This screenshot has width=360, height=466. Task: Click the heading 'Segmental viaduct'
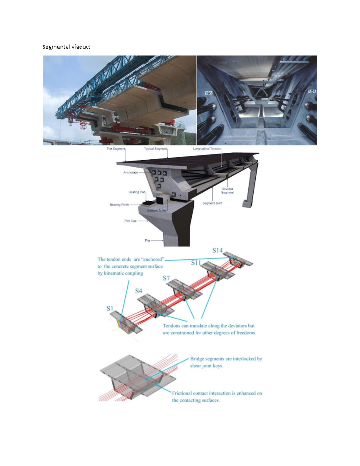(x=66, y=47)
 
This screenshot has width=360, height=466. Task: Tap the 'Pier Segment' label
(x=116, y=149)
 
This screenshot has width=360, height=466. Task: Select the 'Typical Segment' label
(x=155, y=149)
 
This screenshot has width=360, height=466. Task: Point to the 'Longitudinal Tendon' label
(x=207, y=149)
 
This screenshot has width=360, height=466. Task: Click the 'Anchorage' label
(x=130, y=173)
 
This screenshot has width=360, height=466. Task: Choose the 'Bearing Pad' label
(x=137, y=192)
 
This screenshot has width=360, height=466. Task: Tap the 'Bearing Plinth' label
(x=119, y=205)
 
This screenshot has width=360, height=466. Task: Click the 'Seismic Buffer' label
(x=157, y=211)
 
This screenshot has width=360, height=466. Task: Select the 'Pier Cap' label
(x=130, y=221)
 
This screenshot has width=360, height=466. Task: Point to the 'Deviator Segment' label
(x=227, y=191)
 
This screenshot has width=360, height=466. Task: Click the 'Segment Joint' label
(x=212, y=203)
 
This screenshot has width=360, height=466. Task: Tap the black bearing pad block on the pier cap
(x=148, y=203)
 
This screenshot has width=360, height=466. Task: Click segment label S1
(x=110, y=308)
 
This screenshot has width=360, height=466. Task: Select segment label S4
(x=138, y=291)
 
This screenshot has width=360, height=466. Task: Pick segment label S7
(x=166, y=278)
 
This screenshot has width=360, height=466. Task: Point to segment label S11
(x=196, y=263)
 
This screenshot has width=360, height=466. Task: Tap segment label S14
(x=217, y=250)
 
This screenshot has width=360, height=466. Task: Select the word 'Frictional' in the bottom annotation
(x=181, y=393)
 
